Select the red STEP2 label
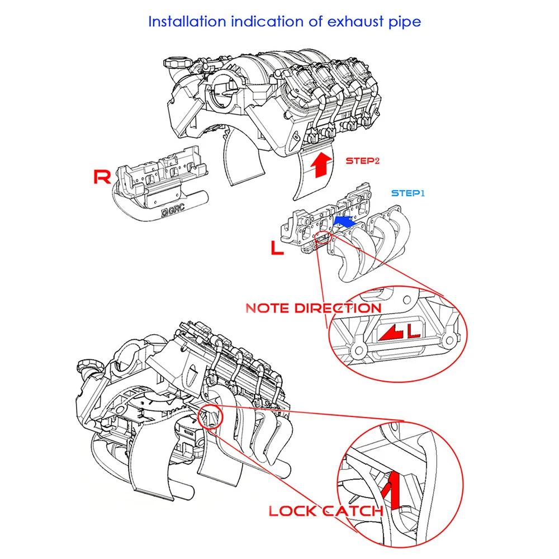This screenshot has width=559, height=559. coord(362,161)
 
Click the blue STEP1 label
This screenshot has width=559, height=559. coord(408,193)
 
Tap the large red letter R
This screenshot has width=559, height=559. coord(102,178)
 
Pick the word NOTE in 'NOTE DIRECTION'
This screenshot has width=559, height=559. coord(267,308)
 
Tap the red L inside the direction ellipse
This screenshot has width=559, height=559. coord(413,331)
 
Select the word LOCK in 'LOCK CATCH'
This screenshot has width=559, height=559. coord(292,510)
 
